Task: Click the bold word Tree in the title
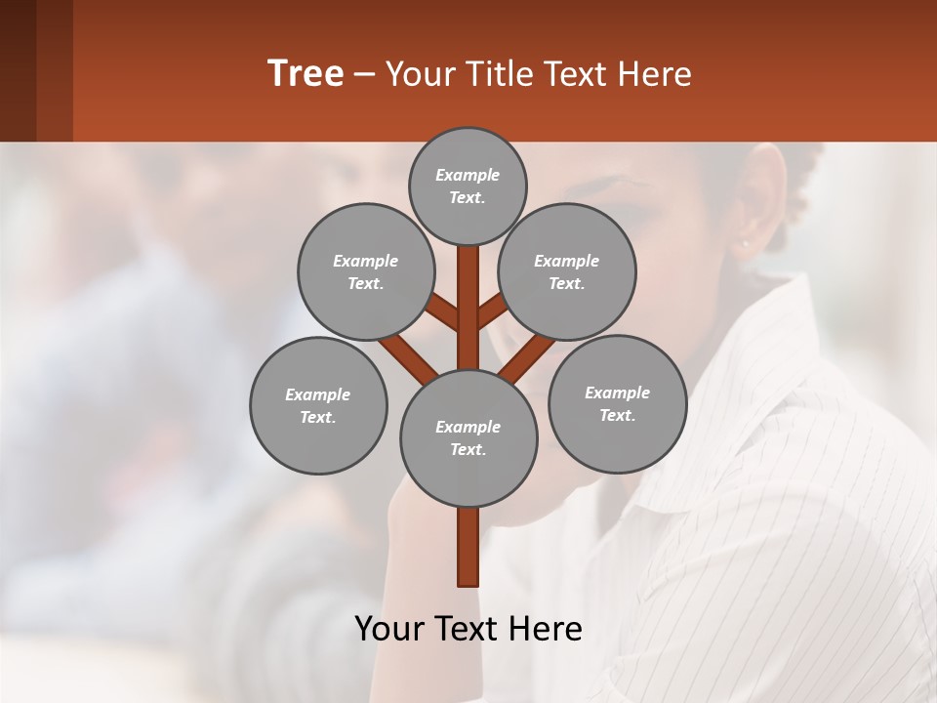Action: pos(306,74)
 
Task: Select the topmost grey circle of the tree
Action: pos(468,186)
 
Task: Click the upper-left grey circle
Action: pos(366,271)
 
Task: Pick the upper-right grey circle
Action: pos(567,271)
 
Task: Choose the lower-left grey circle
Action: pos(318,405)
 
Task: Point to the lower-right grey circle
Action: pos(617,403)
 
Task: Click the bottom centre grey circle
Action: pos(468,437)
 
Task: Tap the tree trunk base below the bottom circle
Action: pos(468,547)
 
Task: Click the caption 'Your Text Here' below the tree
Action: pos(468,629)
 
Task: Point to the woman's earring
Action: pos(744,243)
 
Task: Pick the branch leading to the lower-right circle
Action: pos(528,357)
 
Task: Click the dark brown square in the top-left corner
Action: pos(36,70)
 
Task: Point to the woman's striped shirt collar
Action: pos(771,371)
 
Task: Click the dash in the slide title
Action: pos(364,74)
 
